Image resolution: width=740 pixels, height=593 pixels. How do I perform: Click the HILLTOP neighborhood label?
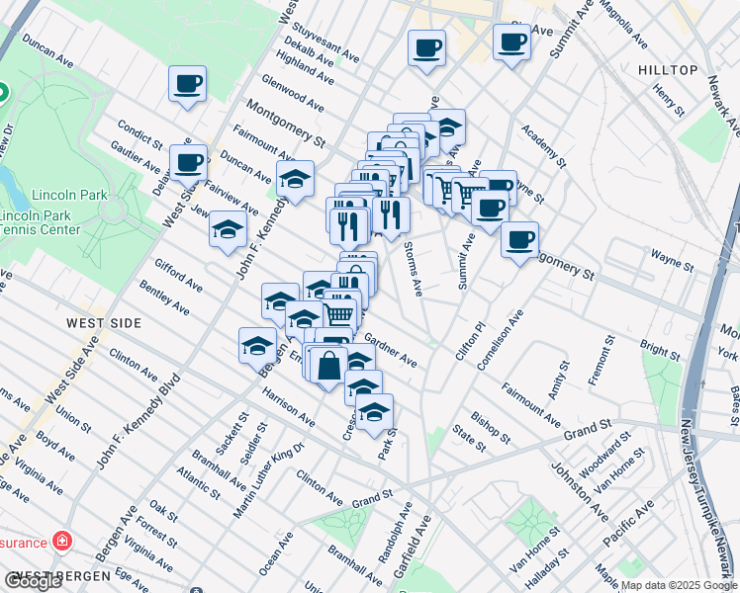(668, 70)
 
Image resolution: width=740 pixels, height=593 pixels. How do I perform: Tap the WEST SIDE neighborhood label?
(104, 323)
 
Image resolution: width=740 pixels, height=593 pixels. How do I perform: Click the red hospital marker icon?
(62, 542)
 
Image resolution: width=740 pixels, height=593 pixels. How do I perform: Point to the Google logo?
(33, 581)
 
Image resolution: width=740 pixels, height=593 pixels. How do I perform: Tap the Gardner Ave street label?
(391, 349)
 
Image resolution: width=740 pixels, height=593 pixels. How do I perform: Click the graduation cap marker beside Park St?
(374, 413)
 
